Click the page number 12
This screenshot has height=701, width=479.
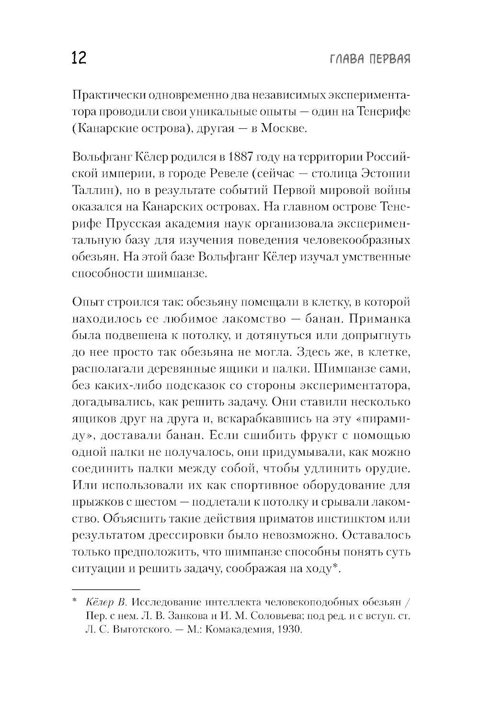79,58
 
